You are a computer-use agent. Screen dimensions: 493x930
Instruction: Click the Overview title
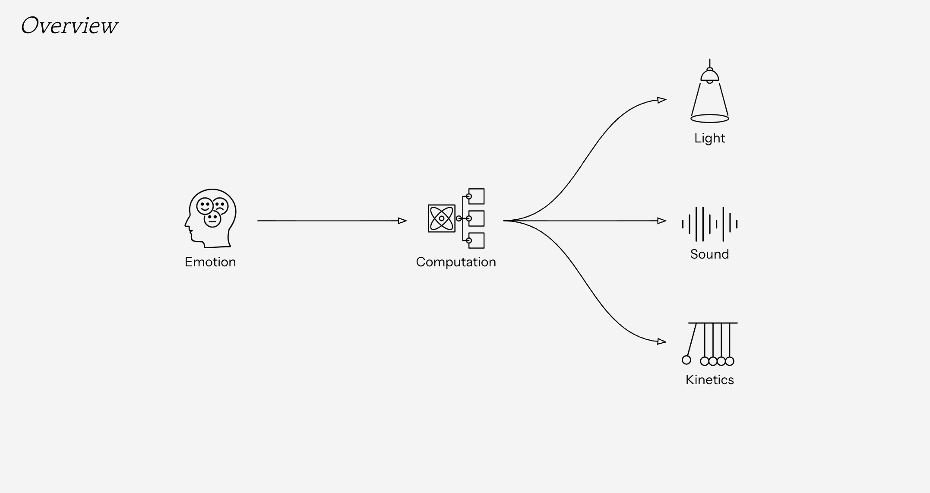tap(69, 25)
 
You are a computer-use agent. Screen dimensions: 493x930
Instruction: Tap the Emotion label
tap(210, 262)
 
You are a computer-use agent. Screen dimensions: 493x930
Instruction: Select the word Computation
tap(456, 262)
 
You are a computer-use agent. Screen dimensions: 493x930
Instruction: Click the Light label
tap(709, 138)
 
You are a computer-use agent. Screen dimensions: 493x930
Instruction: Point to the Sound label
tap(709, 254)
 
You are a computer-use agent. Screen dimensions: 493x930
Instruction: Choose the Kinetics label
tap(709, 380)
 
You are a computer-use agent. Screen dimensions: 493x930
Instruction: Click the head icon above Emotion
tap(210, 218)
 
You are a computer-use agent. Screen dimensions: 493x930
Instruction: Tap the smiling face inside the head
tap(204, 206)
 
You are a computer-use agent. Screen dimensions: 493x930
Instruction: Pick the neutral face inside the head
tap(212, 219)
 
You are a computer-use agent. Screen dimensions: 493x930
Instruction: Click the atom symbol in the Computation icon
tap(441, 218)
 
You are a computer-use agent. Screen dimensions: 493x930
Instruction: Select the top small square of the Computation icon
tap(476, 196)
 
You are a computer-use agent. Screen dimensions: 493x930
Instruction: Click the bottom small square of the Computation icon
tap(476, 240)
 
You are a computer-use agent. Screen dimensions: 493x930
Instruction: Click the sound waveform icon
tap(709, 224)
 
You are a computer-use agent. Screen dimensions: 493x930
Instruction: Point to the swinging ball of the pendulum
tap(686, 360)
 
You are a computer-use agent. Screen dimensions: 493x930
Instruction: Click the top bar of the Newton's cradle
tap(712, 323)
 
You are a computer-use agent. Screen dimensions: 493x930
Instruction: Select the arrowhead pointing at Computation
tap(402, 221)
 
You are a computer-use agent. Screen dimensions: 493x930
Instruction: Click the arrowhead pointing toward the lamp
tap(661, 100)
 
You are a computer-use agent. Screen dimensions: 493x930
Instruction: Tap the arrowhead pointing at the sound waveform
tap(661, 221)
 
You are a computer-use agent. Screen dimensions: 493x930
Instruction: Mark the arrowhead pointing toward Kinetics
tap(661, 341)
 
